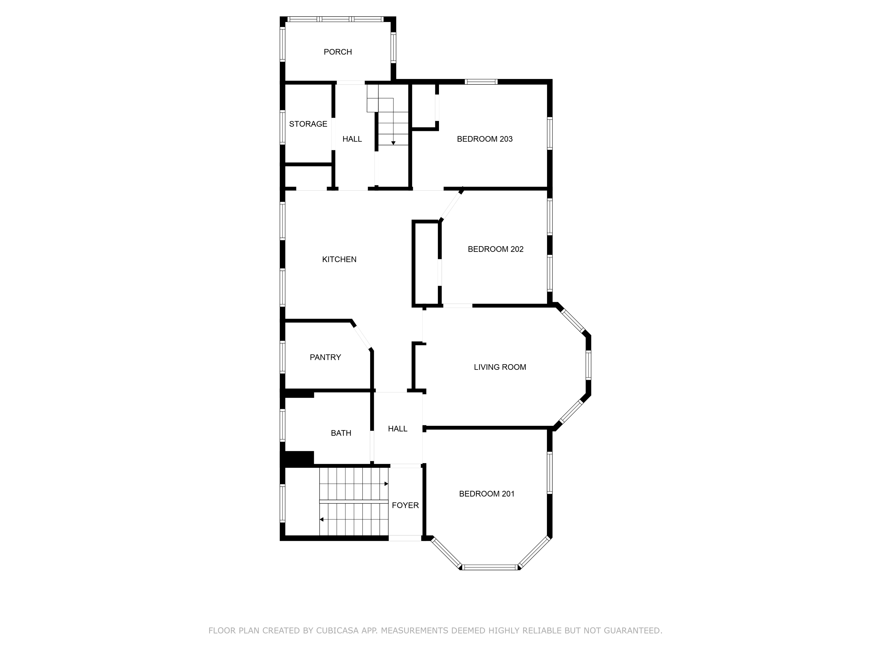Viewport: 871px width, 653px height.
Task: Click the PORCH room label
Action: tap(337, 52)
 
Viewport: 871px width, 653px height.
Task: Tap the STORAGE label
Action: tap(308, 124)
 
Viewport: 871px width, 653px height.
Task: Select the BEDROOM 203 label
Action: tap(484, 139)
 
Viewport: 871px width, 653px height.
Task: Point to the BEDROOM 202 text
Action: tap(495, 249)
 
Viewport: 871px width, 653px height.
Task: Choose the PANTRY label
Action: tap(325, 357)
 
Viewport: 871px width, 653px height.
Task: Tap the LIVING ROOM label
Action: tap(500, 367)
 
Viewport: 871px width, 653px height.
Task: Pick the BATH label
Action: tap(341, 433)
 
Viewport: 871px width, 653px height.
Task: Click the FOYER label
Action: tap(405, 505)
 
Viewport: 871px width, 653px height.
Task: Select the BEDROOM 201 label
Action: tap(487, 494)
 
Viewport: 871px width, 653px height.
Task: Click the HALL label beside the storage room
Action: tap(352, 139)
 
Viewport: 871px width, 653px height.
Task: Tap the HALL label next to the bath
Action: tap(397, 429)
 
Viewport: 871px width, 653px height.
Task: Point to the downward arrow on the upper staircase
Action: tap(393, 143)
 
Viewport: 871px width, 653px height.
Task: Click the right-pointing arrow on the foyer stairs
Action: tap(386, 484)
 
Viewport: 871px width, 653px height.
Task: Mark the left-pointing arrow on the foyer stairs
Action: tap(321, 519)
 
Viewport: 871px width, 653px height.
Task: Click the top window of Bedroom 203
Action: tap(481, 82)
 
